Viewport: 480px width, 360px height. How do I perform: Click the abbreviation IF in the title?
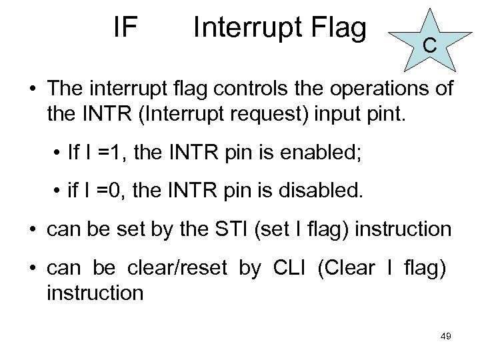[125, 27]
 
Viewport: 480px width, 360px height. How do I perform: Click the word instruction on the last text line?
[95, 292]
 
